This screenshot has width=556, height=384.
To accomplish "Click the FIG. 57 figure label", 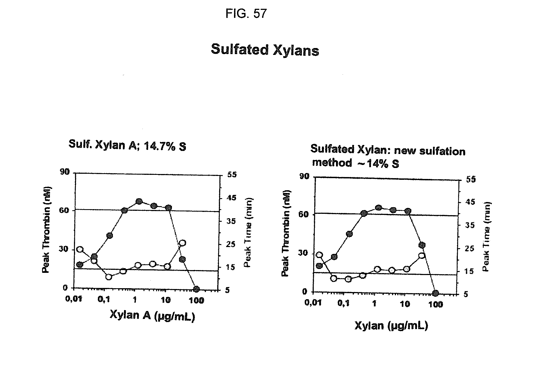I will [246, 13].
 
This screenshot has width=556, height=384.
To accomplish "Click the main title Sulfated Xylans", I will [265, 50].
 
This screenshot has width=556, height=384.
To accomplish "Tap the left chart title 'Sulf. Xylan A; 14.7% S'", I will [127, 145].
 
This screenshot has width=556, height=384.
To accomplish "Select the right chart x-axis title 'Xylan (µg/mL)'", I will [391, 326].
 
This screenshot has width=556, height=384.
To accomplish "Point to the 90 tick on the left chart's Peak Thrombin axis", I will [65, 172].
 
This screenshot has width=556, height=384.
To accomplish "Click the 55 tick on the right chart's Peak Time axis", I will [471, 179].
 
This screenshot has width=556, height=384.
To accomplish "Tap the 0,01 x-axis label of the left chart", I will [74, 299].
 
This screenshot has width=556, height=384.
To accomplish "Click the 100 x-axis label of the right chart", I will [436, 304].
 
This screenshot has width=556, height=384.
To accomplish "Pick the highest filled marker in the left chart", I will [139, 202].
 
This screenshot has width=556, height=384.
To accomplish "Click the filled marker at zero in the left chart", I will [196, 289].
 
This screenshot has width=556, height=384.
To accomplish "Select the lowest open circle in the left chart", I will [109, 277].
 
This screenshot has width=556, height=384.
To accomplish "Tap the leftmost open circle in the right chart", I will [319, 255].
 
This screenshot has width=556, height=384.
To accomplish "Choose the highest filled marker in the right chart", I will [378, 208].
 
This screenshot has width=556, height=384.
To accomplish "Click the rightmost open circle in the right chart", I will [422, 256].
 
